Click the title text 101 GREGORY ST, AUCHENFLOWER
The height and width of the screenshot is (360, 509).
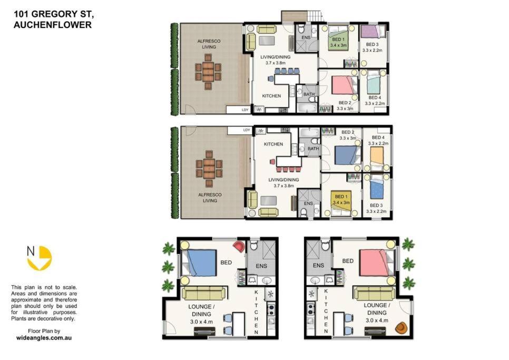coord(54,20)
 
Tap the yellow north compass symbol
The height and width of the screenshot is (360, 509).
coord(40,258)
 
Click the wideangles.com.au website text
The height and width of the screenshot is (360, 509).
coord(44,338)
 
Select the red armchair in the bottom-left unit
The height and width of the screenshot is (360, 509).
coord(239,246)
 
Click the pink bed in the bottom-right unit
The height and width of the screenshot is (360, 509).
coord(377,262)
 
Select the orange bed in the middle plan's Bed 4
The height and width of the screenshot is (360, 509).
coord(377,159)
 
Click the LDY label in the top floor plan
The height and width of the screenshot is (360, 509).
coord(245,110)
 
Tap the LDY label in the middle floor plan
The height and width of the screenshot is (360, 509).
coord(247,130)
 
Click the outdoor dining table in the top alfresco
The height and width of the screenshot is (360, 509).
coord(208,72)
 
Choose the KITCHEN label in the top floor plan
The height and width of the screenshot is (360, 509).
coord(271,96)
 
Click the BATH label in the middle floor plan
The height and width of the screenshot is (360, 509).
coord(314,149)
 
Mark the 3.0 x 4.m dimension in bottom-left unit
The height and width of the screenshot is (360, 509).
coord(201,322)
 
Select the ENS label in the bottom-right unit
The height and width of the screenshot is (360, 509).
coord(318,266)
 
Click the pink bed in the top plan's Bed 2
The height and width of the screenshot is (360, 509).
coord(345,85)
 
